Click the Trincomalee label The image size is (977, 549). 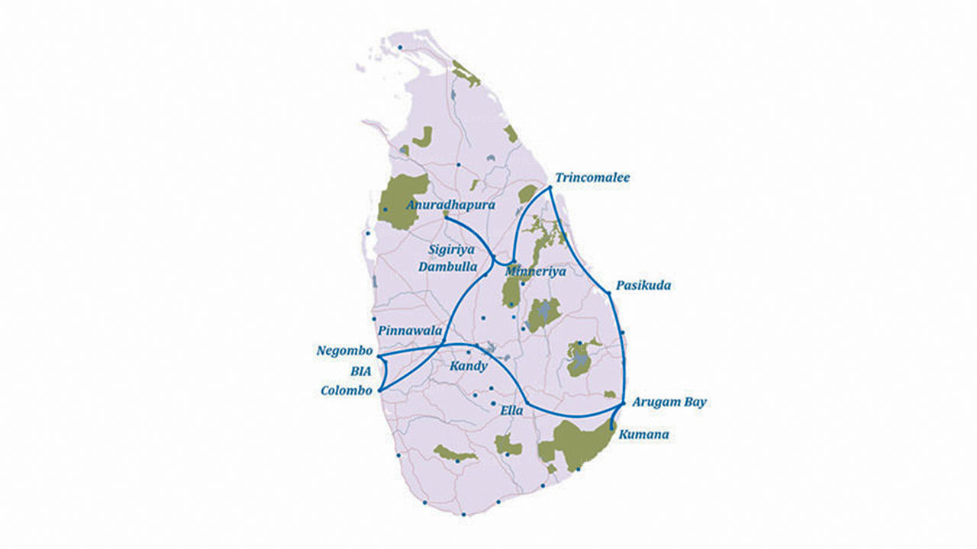tap(592, 178)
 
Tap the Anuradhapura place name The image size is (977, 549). tap(451, 205)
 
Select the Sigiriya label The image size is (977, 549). tap(451, 249)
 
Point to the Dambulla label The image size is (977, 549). tap(448, 267)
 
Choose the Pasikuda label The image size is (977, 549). tap(643, 285)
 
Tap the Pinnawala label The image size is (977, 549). tap(410, 332)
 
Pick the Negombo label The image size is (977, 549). tap(344, 352)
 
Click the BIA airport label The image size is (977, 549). tap(360, 371)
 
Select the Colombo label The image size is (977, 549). tap(347, 391)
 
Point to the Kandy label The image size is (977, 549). tap(468, 366)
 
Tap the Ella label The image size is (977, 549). tap(511, 410)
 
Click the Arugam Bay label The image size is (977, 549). tap(669, 402)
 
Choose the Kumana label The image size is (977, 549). tap(645, 435)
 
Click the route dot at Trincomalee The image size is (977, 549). tap(550, 187)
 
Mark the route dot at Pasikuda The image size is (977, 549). tap(608, 292)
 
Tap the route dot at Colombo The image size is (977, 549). tap(379, 390)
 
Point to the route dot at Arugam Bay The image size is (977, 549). tap(624, 403)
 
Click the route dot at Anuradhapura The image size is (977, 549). tap(446, 216)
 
